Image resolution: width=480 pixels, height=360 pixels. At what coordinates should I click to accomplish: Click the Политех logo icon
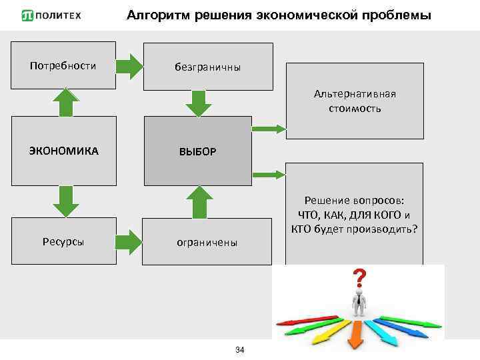point(27,15)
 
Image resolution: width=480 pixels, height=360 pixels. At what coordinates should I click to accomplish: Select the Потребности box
point(63,66)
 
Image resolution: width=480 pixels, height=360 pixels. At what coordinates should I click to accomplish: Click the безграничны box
point(208,67)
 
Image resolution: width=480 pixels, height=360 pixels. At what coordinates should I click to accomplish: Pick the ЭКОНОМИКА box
point(63,151)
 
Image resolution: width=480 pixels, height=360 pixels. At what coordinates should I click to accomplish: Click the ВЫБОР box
point(197,151)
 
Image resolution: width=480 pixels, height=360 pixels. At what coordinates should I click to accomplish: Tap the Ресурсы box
point(63,241)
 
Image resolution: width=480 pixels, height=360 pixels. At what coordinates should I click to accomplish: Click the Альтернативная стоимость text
point(355,101)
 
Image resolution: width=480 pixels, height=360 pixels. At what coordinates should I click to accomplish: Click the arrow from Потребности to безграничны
point(129,66)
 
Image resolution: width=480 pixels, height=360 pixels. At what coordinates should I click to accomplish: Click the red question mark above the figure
point(359,277)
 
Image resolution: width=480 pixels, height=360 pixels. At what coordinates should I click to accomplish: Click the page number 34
point(241,351)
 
